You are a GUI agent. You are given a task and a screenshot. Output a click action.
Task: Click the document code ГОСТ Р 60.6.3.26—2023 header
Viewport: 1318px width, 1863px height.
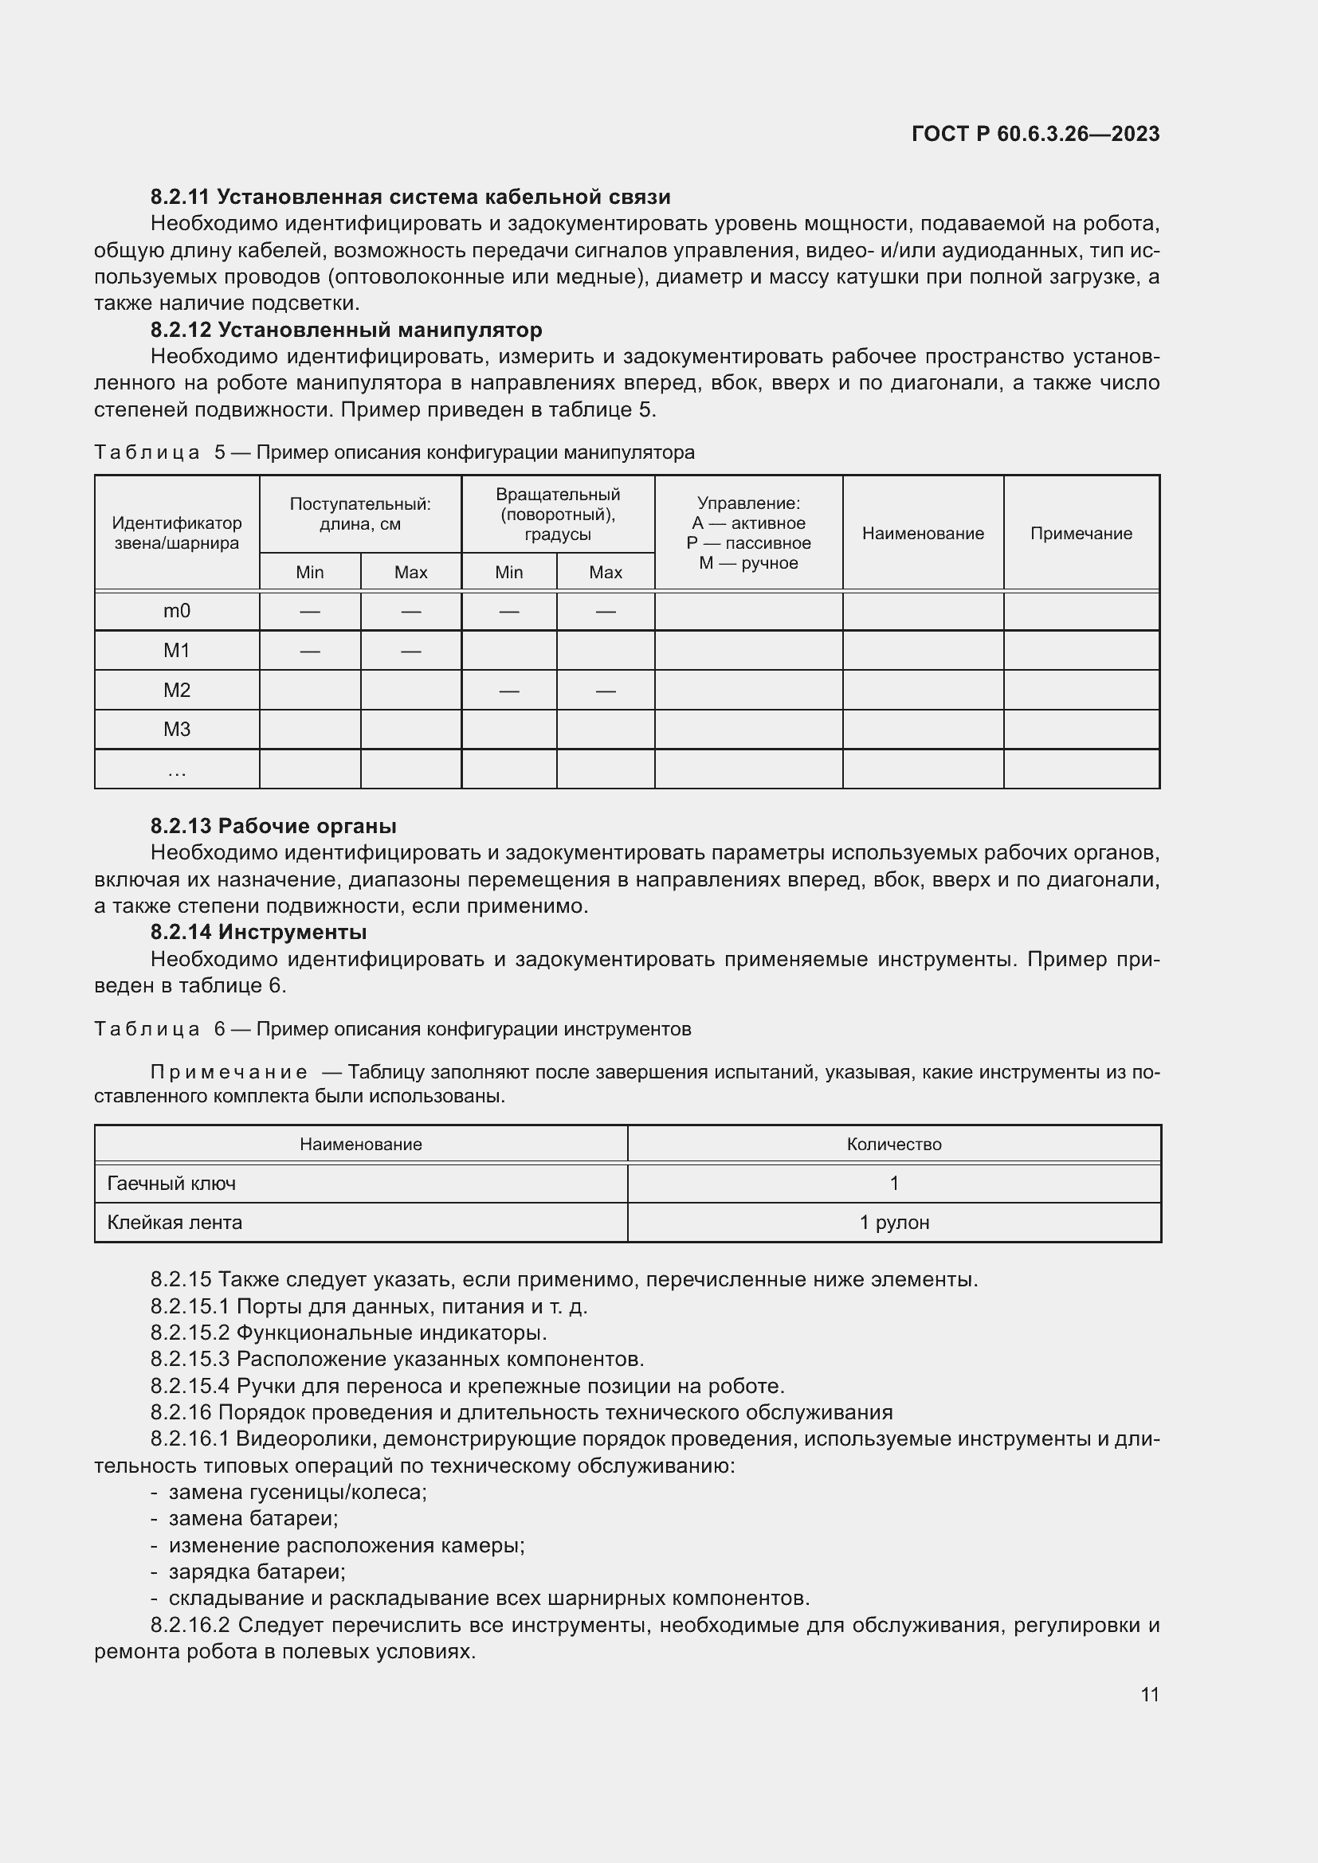click(1035, 134)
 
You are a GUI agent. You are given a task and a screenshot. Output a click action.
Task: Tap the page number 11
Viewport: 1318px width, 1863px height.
click(1149, 1694)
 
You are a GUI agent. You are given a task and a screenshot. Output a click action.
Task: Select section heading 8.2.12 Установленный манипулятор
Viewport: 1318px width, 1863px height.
click(347, 331)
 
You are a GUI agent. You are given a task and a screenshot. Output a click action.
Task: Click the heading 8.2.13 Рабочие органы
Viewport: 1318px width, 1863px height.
click(273, 826)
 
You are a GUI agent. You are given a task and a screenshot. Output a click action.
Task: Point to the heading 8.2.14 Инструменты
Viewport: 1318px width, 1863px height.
click(258, 933)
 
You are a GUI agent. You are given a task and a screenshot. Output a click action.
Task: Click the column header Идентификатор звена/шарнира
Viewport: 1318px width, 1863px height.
click(176, 533)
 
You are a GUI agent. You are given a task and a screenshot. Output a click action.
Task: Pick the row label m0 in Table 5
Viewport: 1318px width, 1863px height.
click(176, 611)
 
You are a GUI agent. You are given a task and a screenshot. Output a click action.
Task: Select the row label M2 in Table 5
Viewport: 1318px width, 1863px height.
click(176, 691)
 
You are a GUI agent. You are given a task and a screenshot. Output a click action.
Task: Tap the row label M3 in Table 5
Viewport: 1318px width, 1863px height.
click(176, 730)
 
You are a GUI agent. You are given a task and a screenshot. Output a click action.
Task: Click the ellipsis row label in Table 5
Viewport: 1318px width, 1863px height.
click(176, 770)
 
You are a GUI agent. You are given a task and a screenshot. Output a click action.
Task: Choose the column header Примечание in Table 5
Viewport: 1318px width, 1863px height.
click(1081, 533)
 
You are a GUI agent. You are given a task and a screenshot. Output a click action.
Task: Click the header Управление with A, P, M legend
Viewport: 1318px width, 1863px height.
click(748, 533)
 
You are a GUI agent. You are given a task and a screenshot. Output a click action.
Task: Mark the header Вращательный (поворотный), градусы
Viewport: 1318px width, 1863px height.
click(558, 515)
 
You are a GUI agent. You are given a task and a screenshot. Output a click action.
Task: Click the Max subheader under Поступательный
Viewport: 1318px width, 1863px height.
click(410, 573)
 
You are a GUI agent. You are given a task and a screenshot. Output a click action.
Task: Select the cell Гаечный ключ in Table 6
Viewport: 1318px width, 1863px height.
click(171, 1184)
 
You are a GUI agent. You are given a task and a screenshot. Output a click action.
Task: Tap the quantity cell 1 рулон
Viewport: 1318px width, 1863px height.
click(893, 1223)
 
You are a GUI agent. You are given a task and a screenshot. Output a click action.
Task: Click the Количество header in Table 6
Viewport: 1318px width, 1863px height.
click(893, 1145)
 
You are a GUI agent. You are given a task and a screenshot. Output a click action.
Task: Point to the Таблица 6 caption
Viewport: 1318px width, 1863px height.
click(393, 1030)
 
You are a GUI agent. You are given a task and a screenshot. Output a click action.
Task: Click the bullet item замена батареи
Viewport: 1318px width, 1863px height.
click(253, 1518)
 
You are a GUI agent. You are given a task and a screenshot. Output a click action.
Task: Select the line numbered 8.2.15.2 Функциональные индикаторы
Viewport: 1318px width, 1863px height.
click(349, 1333)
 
